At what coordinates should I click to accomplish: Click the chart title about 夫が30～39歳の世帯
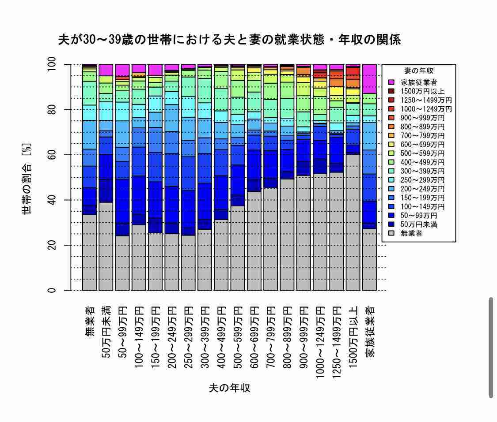[229, 40]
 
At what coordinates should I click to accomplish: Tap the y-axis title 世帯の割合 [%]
[27, 179]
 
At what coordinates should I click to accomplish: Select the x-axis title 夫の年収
[229, 388]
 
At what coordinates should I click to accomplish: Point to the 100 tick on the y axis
[51, 64]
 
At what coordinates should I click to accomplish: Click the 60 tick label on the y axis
[51, 155]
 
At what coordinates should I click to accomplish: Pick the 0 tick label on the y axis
[51, 290]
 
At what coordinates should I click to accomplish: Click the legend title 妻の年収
[419, 71]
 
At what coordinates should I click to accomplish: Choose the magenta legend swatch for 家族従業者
[391, 82]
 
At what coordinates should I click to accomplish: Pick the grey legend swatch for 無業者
[391, 233]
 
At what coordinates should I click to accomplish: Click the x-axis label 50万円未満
[106, 332]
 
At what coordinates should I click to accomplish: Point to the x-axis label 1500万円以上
[353, 337]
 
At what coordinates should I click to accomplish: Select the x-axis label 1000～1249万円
[320, 342]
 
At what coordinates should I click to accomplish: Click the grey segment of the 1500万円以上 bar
[353, 222]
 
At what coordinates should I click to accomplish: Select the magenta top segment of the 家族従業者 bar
[370, 79]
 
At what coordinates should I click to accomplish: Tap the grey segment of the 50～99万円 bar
[122, 263]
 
